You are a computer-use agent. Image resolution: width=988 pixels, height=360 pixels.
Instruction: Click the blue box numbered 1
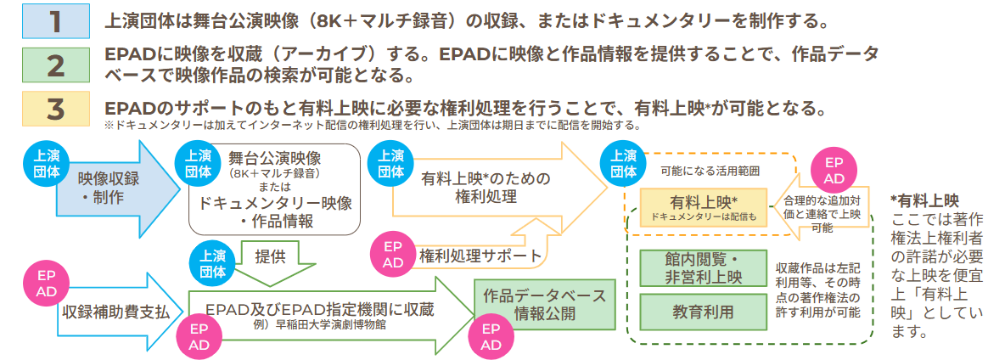[55, 20]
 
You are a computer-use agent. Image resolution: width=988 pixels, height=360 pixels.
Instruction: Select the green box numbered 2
[55, 65]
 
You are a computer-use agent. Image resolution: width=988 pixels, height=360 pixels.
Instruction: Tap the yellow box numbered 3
[55, 108]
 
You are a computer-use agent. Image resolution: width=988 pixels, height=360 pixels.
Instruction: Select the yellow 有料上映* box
[704, 206]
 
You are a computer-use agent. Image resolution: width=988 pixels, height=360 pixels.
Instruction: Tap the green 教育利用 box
[704, 311]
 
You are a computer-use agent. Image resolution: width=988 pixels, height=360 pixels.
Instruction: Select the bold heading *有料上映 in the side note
[924, 200]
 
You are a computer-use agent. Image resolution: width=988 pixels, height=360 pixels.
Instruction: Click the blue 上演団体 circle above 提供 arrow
[210, 260]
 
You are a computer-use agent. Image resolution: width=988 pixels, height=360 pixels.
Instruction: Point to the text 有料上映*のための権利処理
[480, 188]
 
